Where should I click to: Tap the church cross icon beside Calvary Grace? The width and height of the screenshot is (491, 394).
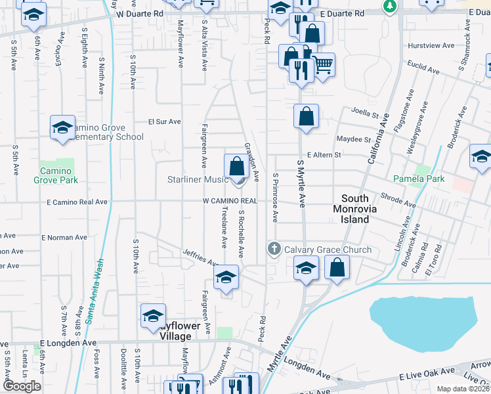tap(274, 249)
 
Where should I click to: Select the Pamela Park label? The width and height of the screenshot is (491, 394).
tap(419, 179)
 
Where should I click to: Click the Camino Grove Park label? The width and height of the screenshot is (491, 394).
tap(58, 175)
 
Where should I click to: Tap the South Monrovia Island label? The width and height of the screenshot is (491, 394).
tap(364, 209)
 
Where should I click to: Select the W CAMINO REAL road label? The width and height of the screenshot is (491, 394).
tap(230, 200)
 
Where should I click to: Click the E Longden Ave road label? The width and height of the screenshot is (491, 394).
tap(68, 343)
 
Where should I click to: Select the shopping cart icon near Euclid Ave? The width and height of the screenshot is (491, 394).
tap(322, 65)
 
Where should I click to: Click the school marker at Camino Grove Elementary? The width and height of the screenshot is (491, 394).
tap(62, 127)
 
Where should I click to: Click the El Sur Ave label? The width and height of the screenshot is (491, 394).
tap(164, 121)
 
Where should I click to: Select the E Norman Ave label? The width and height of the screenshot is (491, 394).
tap(64, 237)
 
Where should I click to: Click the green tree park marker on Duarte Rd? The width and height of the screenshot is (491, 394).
tap(390, 6)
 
